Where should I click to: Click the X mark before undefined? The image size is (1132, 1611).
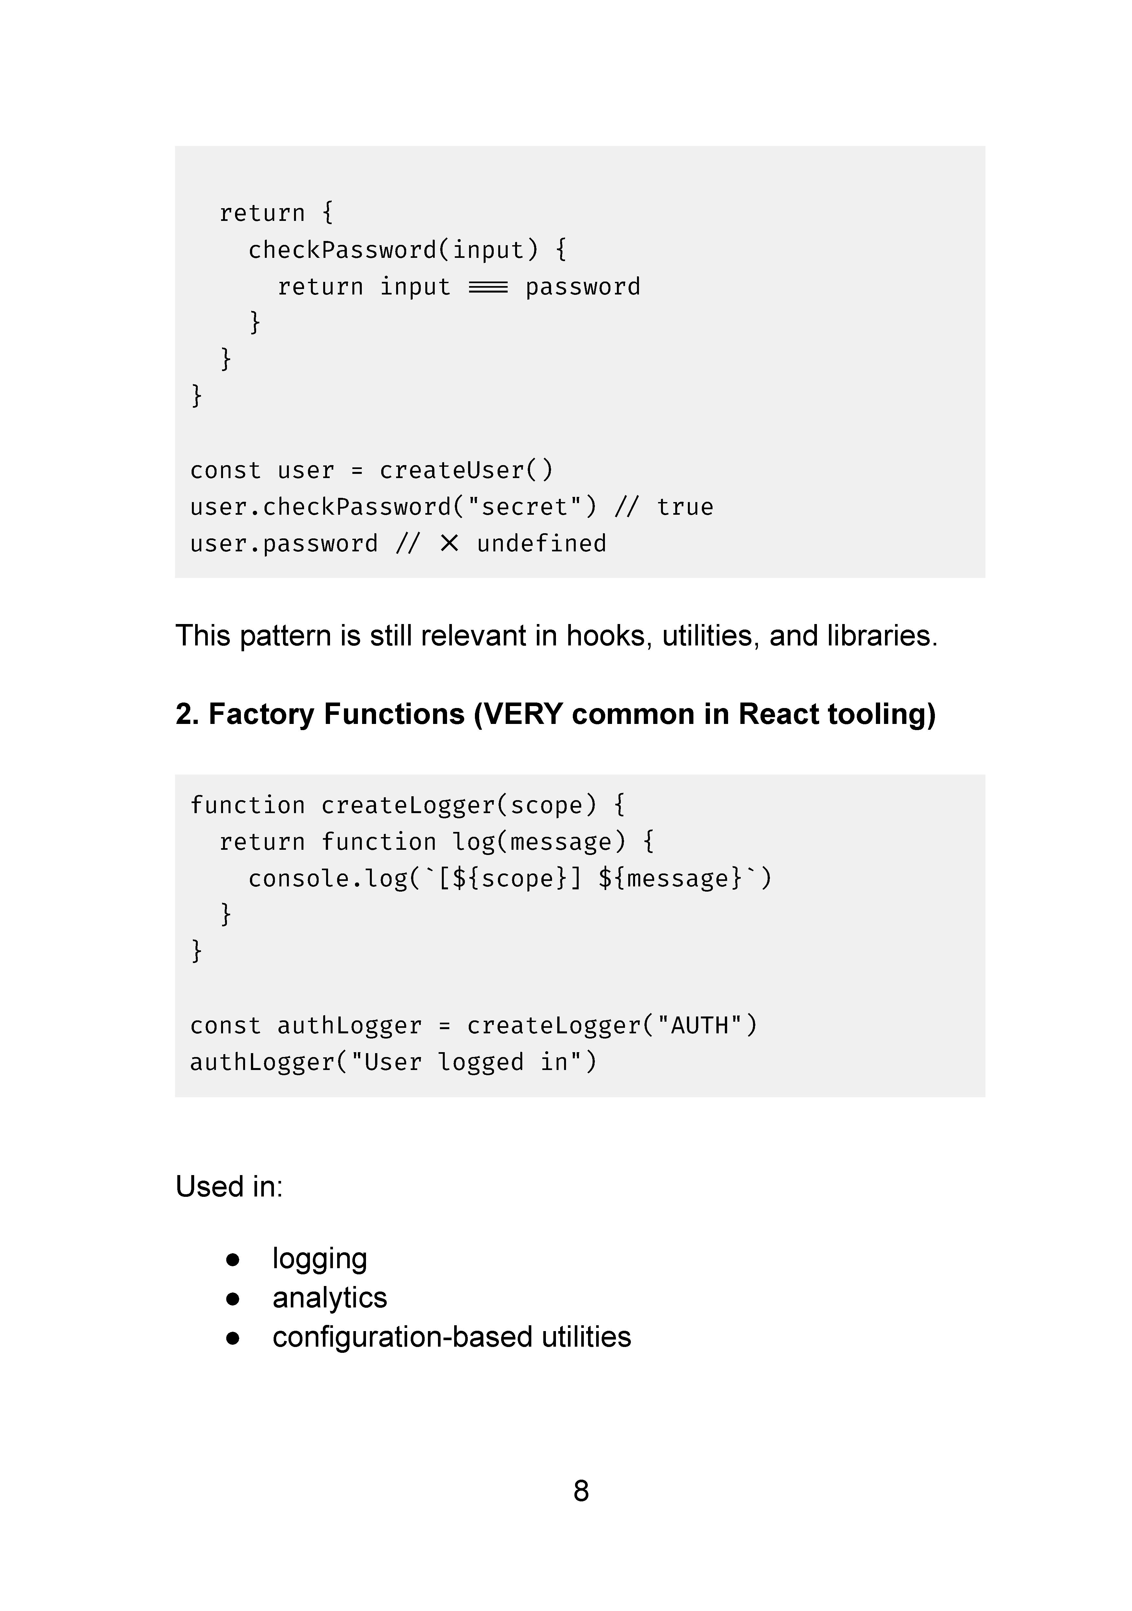[449, 543]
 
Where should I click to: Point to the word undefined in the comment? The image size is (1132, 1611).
[541, 543]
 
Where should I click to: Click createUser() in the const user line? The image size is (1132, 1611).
[466, 470]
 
